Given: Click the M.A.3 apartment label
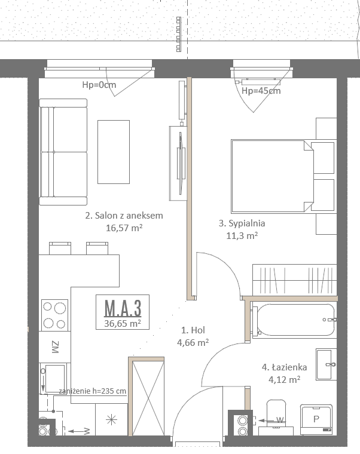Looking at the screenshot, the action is [123, 308].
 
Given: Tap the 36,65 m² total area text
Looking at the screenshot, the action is [123, 323].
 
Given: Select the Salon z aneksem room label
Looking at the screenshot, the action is [124, 216].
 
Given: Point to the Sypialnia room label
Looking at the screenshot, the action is [242, 223].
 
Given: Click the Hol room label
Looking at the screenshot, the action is [193, 330].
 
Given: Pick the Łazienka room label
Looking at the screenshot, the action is [284, 367].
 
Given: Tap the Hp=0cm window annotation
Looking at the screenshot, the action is [99, 85].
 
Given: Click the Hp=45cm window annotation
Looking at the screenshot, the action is [261, 91].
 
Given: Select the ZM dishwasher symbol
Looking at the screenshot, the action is [55, 347].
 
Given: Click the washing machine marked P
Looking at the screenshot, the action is [316, 419].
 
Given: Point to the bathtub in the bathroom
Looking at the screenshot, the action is [294, 320].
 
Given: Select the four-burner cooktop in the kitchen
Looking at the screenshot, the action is [54, 315].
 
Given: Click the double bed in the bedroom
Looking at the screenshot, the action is [283, 176].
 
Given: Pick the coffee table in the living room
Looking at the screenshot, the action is [114, 152].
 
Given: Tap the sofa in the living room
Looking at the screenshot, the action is [63, 152].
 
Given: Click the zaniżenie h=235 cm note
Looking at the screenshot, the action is [93, 391].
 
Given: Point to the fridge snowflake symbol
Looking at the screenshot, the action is [111, 419].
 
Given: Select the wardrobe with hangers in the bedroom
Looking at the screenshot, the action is [294, 280].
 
